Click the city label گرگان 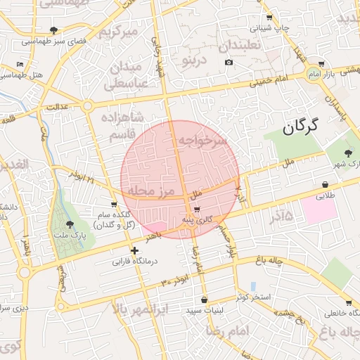click(300, 127)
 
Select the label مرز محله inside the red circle click(146, 190)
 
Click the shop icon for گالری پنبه click(197, 209)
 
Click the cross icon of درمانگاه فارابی click(134, 250)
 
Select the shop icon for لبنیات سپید click(204, 299)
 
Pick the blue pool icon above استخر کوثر click(253, 286)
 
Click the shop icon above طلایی click(325, 185)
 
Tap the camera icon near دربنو click(229, 63)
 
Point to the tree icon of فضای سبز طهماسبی click(55, 30)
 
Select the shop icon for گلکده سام click(114, 204)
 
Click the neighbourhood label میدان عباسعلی click(127, 75)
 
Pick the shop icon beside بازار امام click(321, 62)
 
